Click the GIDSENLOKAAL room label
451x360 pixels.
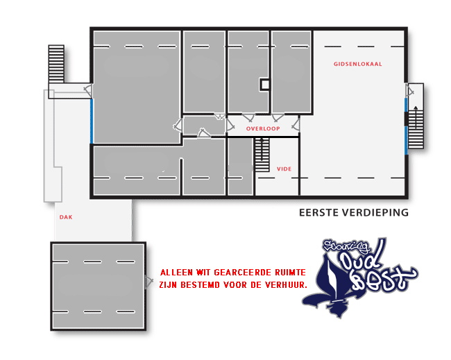pyautogui.click(x=357, y=64)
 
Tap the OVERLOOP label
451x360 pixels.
pyautogui.click(x=263, y=128)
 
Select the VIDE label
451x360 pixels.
pyautogui.click(x=284, y=169)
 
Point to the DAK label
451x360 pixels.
pyautogui.click(x=66, y=217)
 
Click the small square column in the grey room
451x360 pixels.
pyautogui.click(x=265, y=85)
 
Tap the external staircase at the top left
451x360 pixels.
pyautogui.click(x=56, y=64)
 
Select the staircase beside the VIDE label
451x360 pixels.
pyautogui.click(x=262, y=155)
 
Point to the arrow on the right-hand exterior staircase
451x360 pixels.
pyautogui.click(x=416, y=117)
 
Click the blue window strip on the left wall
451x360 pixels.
pyautogui.click(x=92, y=121)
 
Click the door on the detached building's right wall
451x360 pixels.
pyautogui.click(x=148, y=281)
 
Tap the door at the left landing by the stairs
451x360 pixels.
pyautogui.click(x=88, y=91)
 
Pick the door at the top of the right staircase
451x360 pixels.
pyautogui.click(x=409, y=91)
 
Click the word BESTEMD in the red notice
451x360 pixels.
pyautogui.click(x=199, y=285)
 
